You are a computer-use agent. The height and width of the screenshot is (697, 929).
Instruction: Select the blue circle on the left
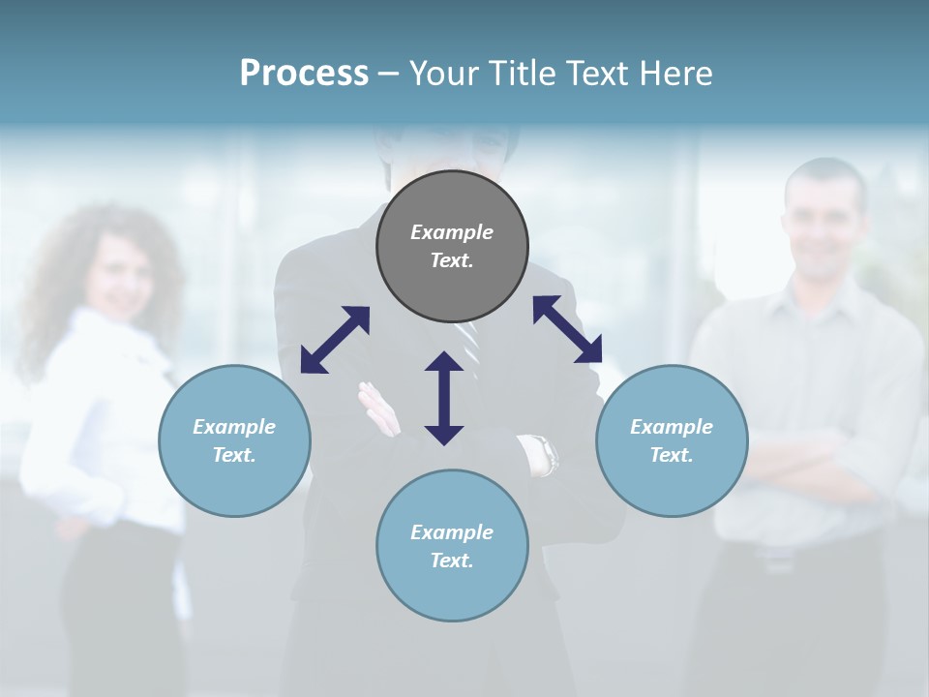[x=234, y=440]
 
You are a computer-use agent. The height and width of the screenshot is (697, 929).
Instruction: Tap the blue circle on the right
[x=672, y=440]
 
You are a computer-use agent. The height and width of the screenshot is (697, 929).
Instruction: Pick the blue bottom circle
[x=452, y=546]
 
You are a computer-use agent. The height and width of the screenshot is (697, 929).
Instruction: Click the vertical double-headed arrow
[x=444, y=398]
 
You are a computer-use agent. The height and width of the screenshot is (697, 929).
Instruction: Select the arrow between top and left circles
[x=335, y=340]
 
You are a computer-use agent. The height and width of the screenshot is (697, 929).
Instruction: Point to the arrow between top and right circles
[x=567, y=330]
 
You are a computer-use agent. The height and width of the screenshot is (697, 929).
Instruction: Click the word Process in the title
[x=304, y=74]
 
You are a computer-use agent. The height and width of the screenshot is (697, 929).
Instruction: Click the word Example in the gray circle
[x=452, y=232]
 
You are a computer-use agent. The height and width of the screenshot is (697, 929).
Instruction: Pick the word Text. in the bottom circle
[x=452, y=561]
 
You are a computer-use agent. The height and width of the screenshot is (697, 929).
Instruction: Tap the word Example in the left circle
[x=234, y=427]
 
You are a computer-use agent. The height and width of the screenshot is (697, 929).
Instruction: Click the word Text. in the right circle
[x=672, y=455]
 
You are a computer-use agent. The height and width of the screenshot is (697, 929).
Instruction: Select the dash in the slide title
[x=387, y=74]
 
